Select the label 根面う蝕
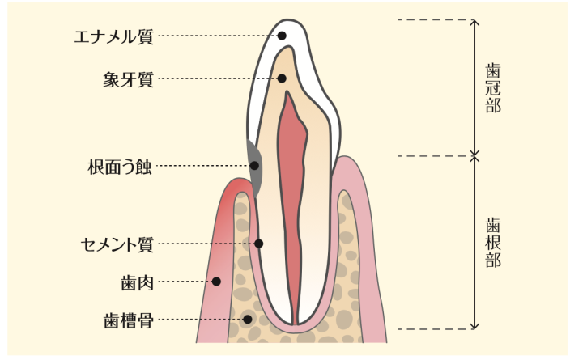pyautogui.click(x=119, y=167)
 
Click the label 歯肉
pyautogui.click(x=134, y=282)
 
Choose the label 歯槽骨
pyautogui.click(x=128, y=320)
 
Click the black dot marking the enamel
pyautogui.click(x=282, y=36)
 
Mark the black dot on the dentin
pyautogui.click(x=282, y=78)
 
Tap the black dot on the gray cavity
pyautogui.click(x=255, y=166)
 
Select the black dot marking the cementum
pyautogui.click(x=259, y=243)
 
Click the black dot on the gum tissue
pyautogui.click(x=216, y=282)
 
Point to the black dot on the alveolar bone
pyautogui.click(x=249, y=320)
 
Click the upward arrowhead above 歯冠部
pyautogui.click(x=475, y=23)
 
